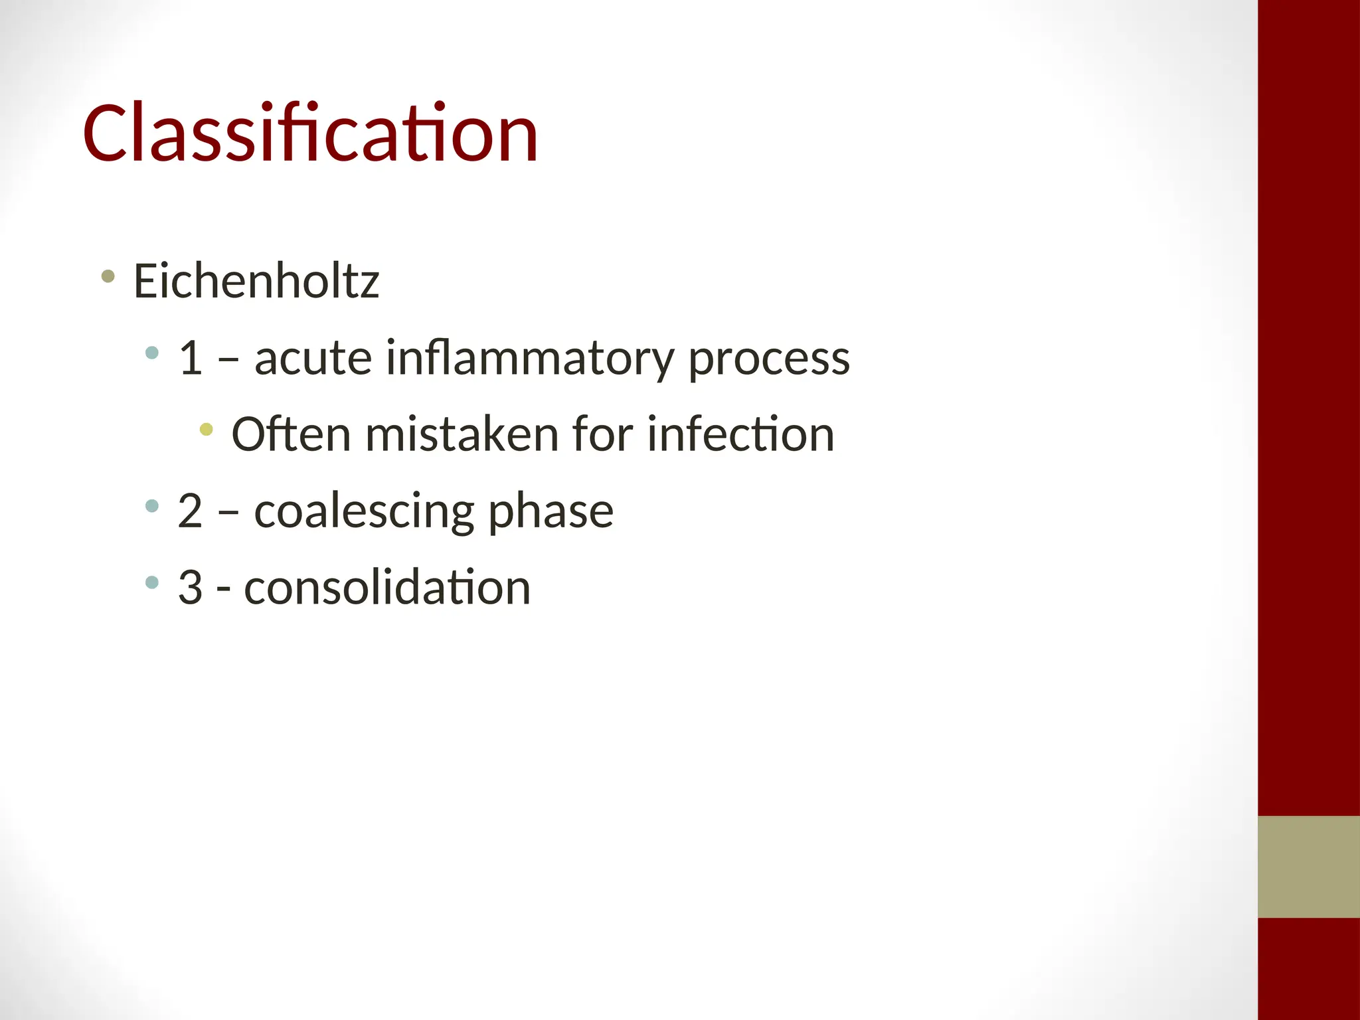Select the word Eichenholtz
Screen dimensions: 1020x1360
[256, 281]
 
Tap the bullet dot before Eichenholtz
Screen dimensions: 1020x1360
[108, 276]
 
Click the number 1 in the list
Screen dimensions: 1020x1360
[190, 358]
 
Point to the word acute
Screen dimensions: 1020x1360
[313, 358]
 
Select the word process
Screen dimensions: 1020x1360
[768, 359]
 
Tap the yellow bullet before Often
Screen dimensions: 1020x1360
[207, 430]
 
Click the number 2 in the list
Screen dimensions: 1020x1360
[190, 511]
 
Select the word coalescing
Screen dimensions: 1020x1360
[364, 511]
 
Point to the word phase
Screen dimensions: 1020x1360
[551, 511]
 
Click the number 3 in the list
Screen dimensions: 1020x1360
[190, 588]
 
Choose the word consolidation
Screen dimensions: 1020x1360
[387, 588]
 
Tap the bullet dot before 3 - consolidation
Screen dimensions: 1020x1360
[152, 583]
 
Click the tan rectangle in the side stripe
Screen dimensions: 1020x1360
[1308, 867]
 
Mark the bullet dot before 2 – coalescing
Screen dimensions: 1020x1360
[152, 506]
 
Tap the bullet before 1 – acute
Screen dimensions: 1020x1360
[152, 353]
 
